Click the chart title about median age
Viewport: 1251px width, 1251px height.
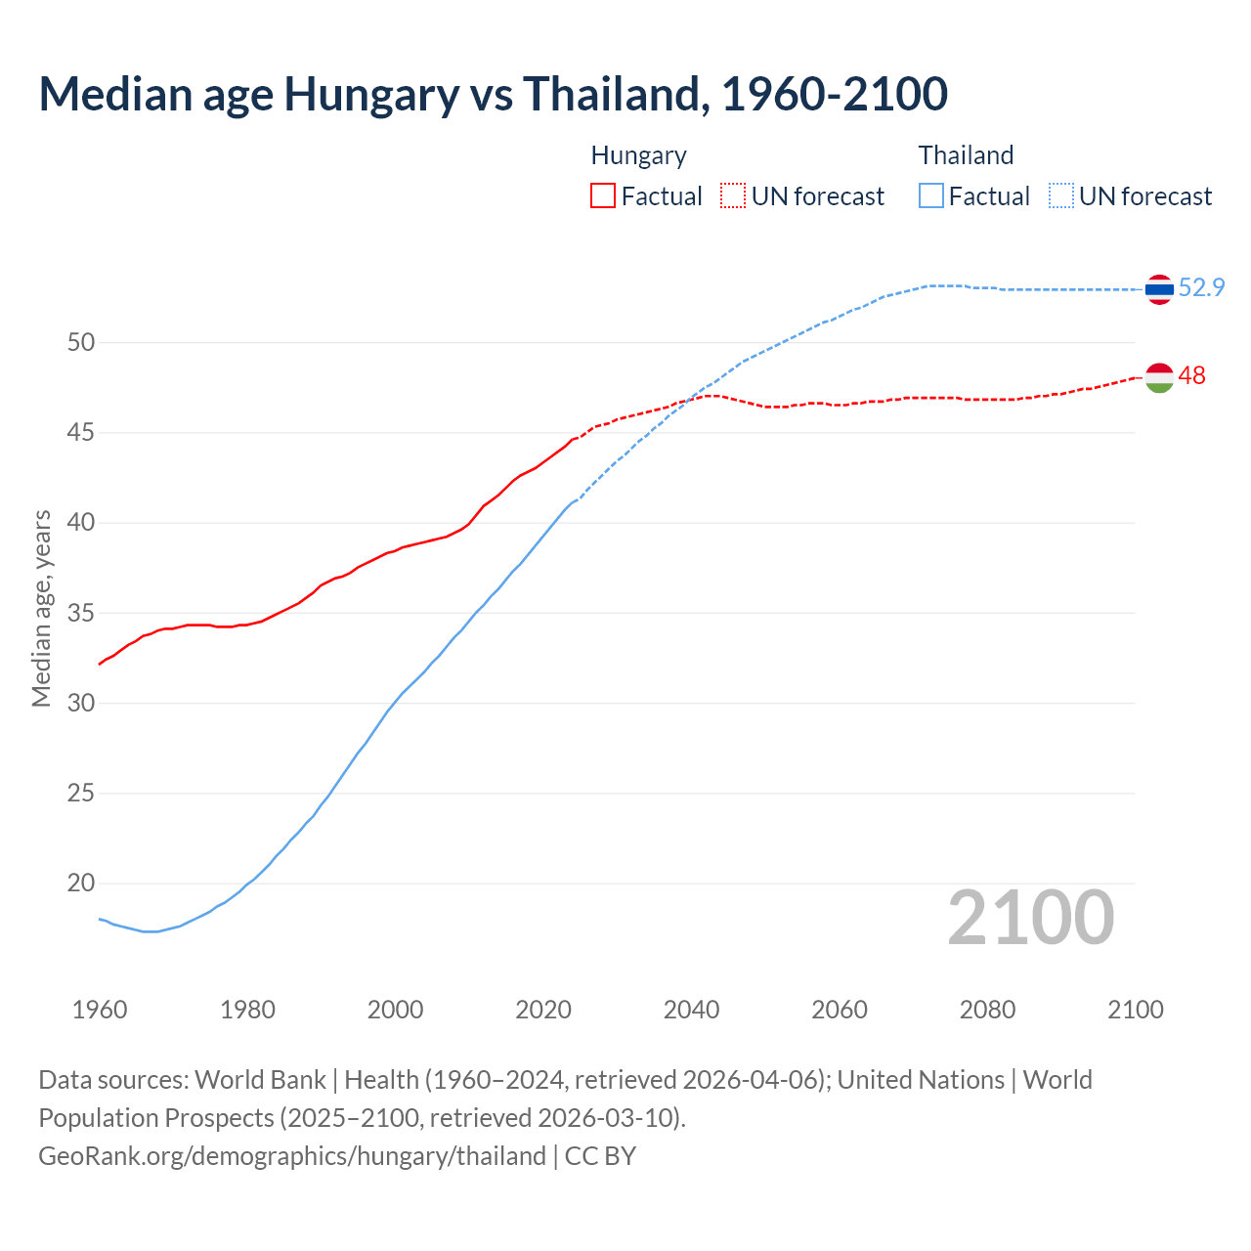[x=493, y=94]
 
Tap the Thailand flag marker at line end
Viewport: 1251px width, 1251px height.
[x=1159, y=289]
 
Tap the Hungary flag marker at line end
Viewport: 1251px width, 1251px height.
[x=1159, y=377]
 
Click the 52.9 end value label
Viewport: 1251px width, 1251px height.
[x=1201, y=287]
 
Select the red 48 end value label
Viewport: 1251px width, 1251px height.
[x=1191, y=376]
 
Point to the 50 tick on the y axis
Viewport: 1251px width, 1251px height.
[x=81, y=342]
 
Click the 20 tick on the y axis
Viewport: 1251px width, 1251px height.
[x=81, y=884]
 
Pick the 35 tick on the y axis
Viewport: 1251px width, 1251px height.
[x=81, y=613]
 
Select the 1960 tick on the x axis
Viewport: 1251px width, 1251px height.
[x=100, y=1010]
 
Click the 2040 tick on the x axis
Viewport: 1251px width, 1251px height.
[x=691, y=1010]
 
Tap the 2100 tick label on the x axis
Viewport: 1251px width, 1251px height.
[x=1135, y=1010]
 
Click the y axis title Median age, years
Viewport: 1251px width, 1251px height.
[x=41, y=608]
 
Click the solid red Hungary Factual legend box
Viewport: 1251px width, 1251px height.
[x=603, y=196]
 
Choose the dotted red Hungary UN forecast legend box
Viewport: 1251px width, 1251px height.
[x=733, y=196]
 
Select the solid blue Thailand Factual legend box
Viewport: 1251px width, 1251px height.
[x=931, y=196]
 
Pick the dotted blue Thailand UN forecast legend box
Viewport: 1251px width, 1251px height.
[x=1061, y=196]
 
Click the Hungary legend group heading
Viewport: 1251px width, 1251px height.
[x=638, y=155]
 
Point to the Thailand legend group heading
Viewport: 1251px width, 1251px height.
[x=966, y=155]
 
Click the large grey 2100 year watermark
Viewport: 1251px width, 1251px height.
[x=1030, y=918]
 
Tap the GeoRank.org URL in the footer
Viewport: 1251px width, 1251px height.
[x=291, y=1156]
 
